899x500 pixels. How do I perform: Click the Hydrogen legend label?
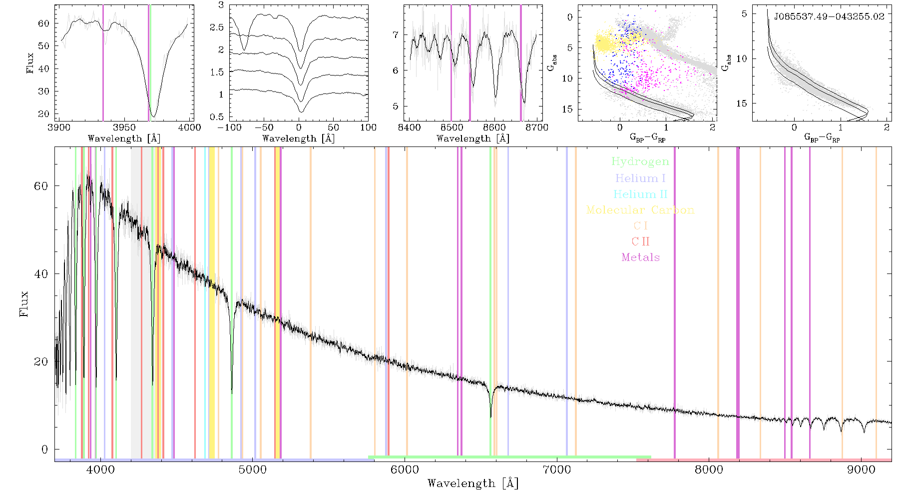[640, 162]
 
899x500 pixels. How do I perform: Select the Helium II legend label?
[640, 194]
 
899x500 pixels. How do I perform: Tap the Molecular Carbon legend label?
[640, 210]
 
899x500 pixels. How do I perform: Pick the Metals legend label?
[640, 257]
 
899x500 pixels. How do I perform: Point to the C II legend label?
[640, 241]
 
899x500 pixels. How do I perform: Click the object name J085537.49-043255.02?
[829, 16]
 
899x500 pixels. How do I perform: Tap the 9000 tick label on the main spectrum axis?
[861, 469]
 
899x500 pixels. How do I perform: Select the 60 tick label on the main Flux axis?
[41, 186]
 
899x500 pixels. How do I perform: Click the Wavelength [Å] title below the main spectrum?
[472, 483]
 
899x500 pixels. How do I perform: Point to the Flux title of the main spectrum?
[23, 303]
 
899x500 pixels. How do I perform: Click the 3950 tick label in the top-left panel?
[124, 127]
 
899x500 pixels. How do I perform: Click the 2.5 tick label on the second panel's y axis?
[217, 27]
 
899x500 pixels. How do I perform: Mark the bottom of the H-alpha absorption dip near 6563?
[490, 416]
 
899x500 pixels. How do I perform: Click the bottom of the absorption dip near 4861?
[232, 393]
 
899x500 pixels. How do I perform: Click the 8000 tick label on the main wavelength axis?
[709, 469]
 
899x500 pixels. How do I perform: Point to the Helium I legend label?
[640, 178]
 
